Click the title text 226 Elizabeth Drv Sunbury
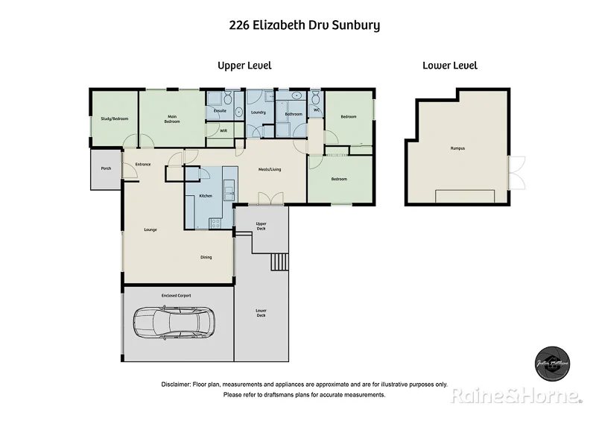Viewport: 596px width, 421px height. [304, 25]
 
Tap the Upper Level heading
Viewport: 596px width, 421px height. [244, 66]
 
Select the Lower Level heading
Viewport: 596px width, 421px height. [450, 66]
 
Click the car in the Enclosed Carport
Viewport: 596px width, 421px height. [174, 323]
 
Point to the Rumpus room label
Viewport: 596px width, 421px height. [457, 148]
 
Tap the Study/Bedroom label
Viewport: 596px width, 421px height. [115, 118]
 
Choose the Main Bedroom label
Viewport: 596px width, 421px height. [172, 118]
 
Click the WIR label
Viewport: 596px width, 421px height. [223, 130]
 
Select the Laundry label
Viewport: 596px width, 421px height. [259, 113]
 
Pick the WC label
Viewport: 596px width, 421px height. [317, 110]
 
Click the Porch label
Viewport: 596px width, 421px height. [107, 168]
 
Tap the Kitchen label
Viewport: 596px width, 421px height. [206, 196]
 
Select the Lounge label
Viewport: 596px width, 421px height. [150, 230]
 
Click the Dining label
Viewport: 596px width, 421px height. [206, 257]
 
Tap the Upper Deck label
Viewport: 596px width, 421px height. [261, 226]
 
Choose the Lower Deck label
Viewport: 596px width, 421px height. [261, 314]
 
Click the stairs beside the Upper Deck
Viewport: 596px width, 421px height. [279, 262]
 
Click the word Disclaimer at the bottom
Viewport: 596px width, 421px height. [176, 384]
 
